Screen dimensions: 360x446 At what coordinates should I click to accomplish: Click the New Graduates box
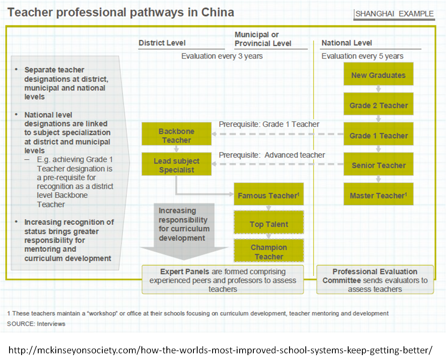[x=378, y=75]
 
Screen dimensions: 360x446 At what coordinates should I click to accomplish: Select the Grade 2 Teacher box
[x=378, y=105]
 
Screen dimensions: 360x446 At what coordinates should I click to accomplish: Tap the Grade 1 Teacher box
[x=378, y=136]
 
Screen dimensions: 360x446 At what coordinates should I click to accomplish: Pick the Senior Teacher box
[x=378, y=165]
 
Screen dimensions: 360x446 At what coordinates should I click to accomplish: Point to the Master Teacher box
[x=378, y=195]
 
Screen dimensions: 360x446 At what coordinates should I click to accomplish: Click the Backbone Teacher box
[x=176, y=136]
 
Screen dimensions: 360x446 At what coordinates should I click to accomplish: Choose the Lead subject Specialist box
[x=176, y=165]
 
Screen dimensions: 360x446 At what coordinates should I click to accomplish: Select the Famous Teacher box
[x=268, y=195]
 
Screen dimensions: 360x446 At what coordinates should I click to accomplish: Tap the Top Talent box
[x=268, y=224]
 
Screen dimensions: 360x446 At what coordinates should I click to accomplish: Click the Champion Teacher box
[x=268, y=252]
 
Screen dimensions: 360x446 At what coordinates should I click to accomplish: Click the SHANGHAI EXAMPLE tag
[x=394, y=14]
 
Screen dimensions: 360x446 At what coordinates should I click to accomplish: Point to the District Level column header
[x=162, y=43]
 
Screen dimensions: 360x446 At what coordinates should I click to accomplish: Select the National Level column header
[x=347, y=43]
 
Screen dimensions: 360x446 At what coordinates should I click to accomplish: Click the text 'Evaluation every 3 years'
[x=222, y=56]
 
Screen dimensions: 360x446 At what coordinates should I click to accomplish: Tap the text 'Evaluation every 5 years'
[x=362, y=56]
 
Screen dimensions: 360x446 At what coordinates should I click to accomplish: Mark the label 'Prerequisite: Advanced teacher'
[x=272, y=155]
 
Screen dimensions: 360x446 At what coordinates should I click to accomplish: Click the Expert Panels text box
[x=223, y=280]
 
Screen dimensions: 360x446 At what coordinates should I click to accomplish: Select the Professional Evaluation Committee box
[x=375, y=280]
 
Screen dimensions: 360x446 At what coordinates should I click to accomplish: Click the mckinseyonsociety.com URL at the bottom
[x=223, y=348]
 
